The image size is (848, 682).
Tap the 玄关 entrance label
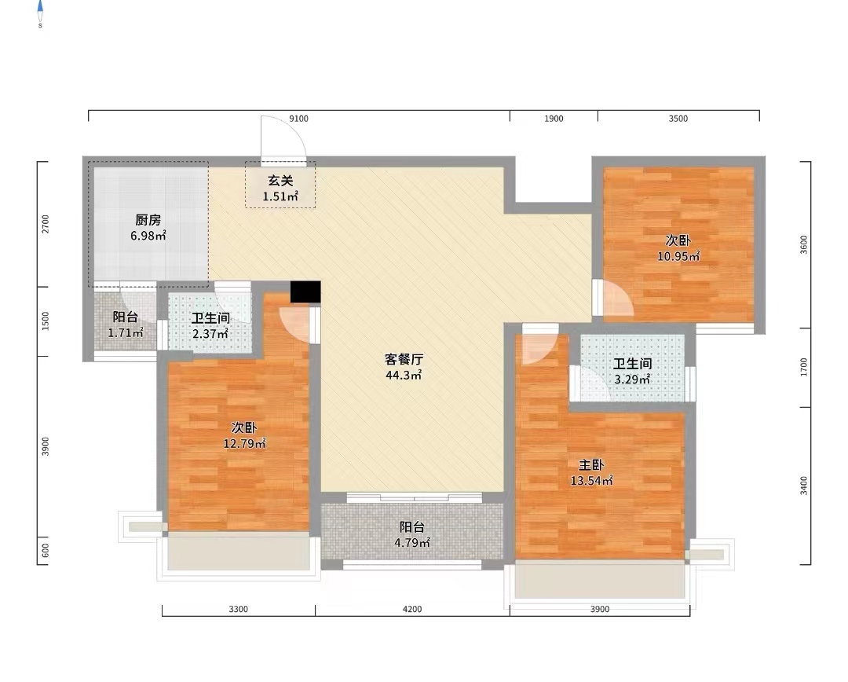click(280, 181)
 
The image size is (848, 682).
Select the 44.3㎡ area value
click(404, 376)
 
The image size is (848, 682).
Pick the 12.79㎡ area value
click(245, 444)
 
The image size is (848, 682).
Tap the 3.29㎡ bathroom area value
click(632, 379)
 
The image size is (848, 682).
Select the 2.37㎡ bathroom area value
click(210, 334)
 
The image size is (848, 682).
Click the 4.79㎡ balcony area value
click(412, 543)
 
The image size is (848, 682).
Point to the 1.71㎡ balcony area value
click(126, 333)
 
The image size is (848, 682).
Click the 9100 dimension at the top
click(299, 119)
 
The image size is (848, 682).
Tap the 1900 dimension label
click(554, 119)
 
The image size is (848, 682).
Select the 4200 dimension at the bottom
click(412, 609)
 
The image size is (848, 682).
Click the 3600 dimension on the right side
click(802, 245)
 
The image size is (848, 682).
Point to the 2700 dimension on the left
click(45, 225)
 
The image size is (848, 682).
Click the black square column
click(305, 291)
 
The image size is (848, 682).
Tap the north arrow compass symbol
click(40, 12)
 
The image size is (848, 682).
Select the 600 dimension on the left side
click(45, 551)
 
